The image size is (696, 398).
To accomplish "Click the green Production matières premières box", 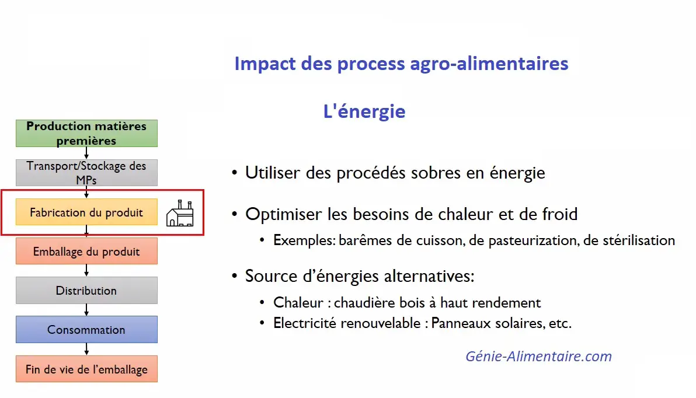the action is [x=86, y=133].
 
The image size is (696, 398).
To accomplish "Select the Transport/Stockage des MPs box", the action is [x=86, y=173].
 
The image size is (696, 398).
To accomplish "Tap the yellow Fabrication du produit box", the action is [x=86, y=212].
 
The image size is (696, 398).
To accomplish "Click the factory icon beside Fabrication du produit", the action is [x=180, y=214].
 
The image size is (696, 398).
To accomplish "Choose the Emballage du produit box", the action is [x=86, y=251].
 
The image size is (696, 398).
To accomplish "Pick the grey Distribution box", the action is [x=86, y=290].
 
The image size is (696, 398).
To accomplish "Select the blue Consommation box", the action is [x=86, y=329].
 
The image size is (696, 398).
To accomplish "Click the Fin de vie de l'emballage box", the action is [x=86, y=369].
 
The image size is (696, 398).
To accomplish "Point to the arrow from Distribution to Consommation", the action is [x=86, y=310].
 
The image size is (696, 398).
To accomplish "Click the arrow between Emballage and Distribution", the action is [x=86, y=271].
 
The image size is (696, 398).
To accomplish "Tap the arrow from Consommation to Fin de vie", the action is [x=86, y=349].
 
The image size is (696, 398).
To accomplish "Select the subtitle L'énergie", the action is [x=364, y=111].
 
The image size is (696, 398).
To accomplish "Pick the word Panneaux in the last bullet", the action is [x=461, y=323].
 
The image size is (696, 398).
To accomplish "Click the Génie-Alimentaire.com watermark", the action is [x=538, y=357].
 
